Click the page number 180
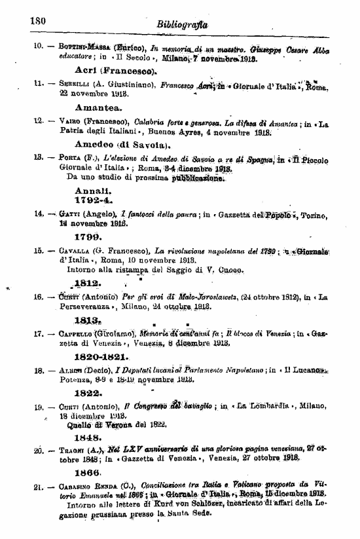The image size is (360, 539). click(x=36, y=20)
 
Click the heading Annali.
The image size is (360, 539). click(x=90, y=189)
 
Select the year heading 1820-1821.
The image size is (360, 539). click(x=103, y=358)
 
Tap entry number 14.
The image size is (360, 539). click(x=39, y=214)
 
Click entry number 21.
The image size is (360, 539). click(x=39, y=487)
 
